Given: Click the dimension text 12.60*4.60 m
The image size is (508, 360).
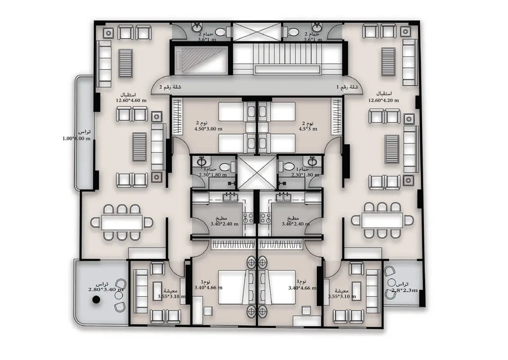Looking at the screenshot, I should pyautogui.click(x=131, y=100).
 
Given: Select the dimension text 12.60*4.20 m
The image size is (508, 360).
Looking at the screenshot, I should pyautogui.click(x=383, y=100).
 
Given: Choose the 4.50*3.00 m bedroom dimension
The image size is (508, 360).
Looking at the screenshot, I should pyautogui.click(x=208, y=129).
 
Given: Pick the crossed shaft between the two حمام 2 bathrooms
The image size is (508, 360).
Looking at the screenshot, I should pyautogui.click(x=257, y=32).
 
